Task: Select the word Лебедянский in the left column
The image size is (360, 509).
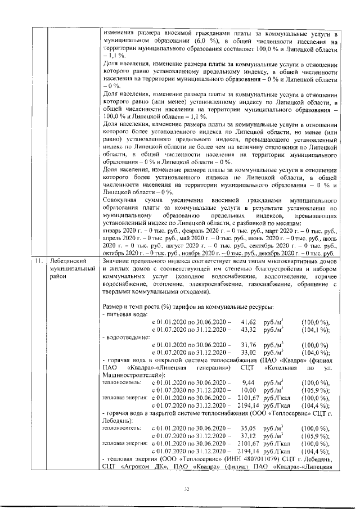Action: point(68,262)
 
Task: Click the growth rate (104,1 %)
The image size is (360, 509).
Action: point(316,328)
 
